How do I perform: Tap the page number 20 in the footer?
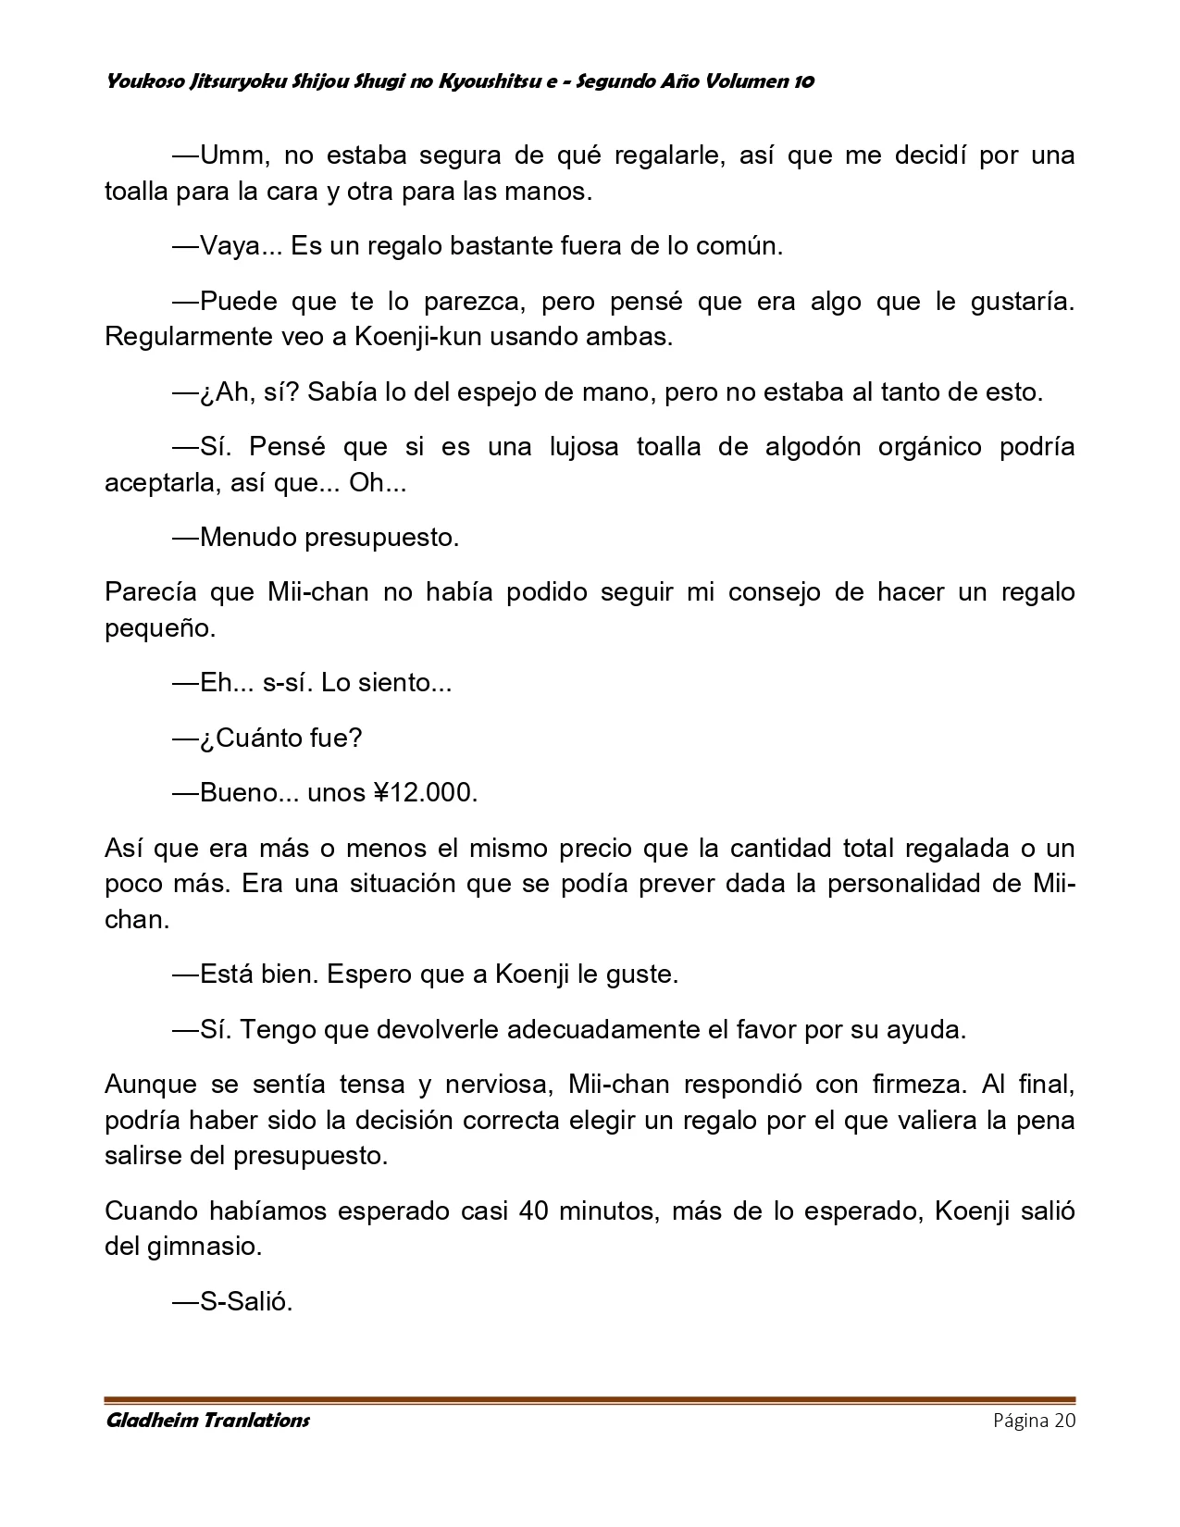[x=1063, y=1421]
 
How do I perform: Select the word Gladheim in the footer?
[x=149, y=1421]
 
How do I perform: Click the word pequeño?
[x=159, y=628]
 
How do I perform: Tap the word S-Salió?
[x=246, y=1302]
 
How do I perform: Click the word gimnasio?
[x=205, y=1247]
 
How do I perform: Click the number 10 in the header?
[x=803, y=81]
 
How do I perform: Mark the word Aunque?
[x=151, y=1084]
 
